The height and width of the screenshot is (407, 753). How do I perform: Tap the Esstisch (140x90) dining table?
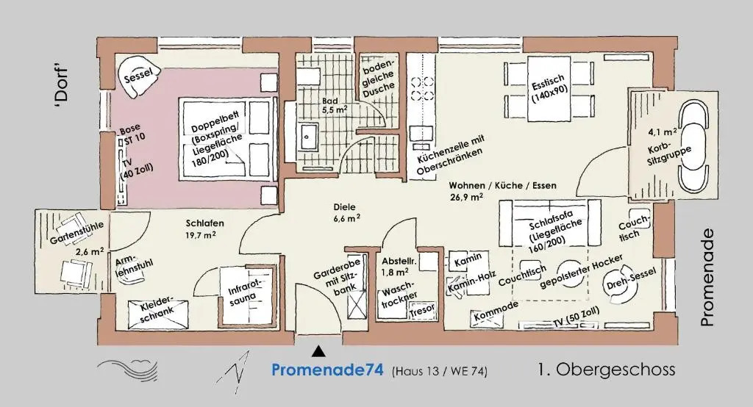pos(549,90)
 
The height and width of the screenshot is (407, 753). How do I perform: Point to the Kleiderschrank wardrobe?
pos(157,314)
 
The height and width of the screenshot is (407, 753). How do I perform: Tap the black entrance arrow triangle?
pos(318,352)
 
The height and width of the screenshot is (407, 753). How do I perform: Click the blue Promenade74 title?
pos(327,370)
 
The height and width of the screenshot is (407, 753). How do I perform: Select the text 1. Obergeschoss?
pos(607,370)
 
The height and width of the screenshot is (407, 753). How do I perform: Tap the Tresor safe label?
pos(423,310)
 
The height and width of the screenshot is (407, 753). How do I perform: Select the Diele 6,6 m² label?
pos(347,212)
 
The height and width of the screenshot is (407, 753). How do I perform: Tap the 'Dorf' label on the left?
pos(61,84)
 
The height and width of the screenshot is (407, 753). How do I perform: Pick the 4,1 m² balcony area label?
pos(663,132)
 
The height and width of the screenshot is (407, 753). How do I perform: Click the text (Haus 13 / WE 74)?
pos(440,371)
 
